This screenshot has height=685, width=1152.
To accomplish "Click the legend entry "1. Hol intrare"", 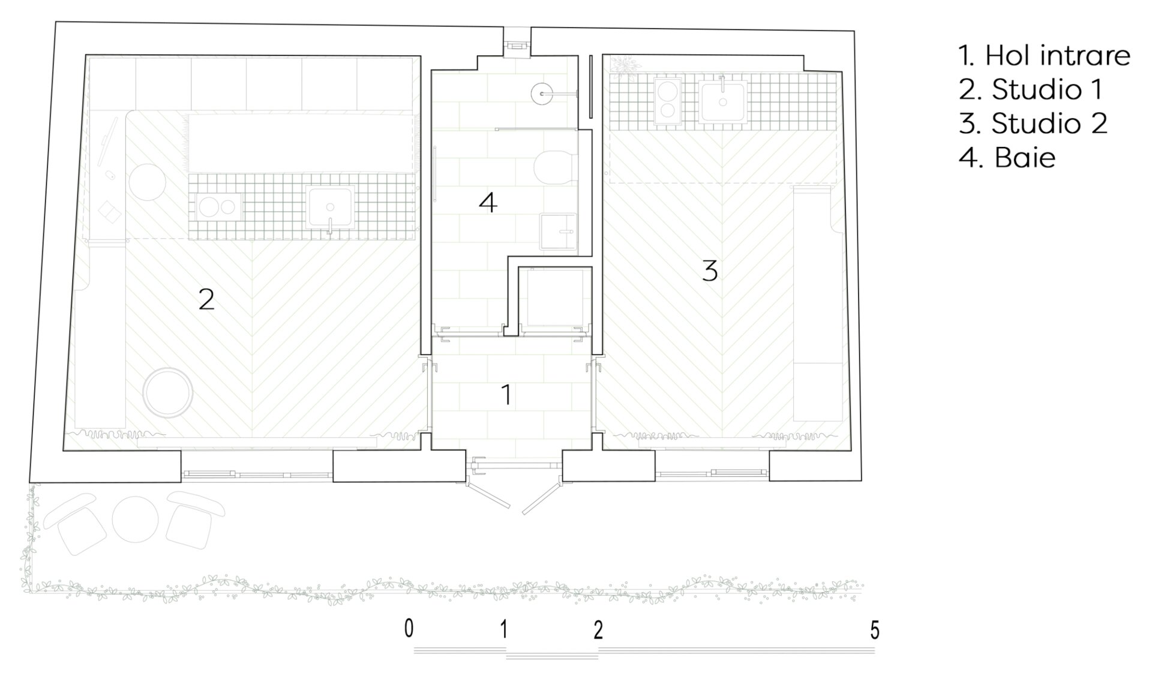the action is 1044,56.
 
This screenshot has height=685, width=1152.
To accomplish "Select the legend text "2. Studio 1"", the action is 1030,90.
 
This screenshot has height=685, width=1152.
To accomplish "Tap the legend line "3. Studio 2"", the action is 1033,124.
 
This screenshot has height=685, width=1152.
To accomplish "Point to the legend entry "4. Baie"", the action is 1007,158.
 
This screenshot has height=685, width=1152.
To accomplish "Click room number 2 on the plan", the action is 206,299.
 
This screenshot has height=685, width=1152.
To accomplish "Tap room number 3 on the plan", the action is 710,271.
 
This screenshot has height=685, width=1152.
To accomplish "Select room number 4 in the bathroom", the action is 488,203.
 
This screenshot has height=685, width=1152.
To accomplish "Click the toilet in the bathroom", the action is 555,167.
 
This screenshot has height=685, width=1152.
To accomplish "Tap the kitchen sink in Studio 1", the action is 329,207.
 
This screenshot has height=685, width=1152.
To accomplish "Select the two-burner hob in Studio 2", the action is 668,101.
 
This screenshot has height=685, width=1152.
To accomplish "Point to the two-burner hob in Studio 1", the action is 219,207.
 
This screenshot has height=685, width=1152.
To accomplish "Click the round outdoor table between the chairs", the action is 135,519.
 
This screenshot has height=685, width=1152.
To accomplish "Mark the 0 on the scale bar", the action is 409,629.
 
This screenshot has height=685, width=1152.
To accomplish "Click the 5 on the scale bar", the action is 875,630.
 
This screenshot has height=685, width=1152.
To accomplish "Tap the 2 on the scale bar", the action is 598,630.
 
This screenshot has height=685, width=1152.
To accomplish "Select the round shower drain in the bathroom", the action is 542,94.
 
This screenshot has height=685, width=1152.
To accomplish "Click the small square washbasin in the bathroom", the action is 558,231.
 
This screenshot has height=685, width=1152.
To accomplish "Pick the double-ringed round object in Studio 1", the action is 168,393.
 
